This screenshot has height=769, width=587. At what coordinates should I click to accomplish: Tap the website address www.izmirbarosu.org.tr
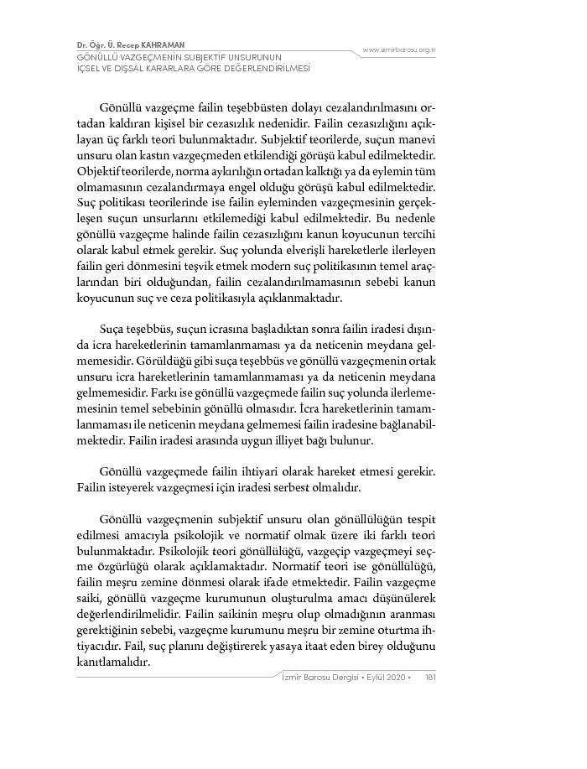pyautogui.click(x=399, y=50)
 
